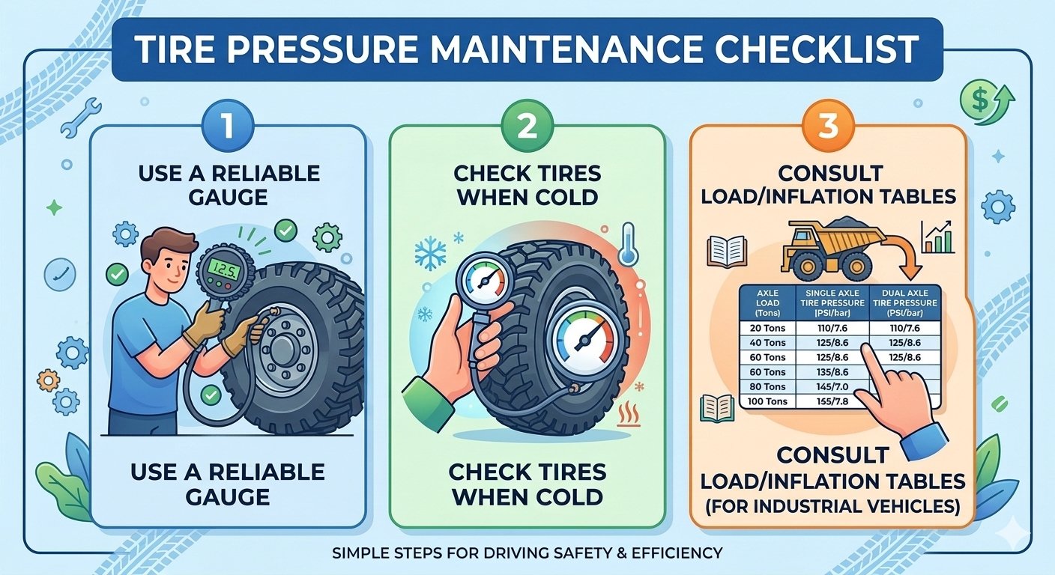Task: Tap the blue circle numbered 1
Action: point(228,126)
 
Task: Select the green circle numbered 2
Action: point(527,126)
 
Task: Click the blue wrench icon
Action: point(82,117)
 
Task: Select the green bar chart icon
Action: point(937,237)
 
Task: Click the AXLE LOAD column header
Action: point(767,302)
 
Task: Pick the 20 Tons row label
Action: point(767,328)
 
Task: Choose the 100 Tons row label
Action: point(767,401)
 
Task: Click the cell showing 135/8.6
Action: point(832,371)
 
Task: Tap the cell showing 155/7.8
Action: point(832,401)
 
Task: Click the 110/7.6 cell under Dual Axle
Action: point(904,328)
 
